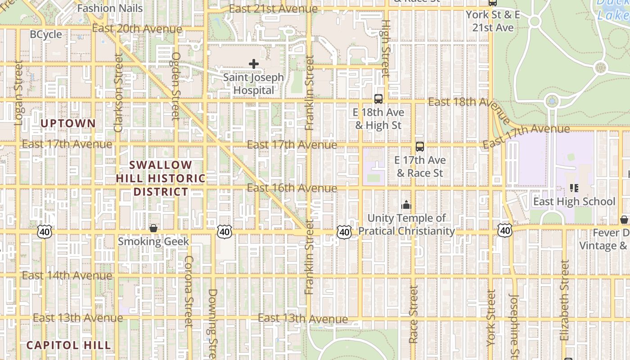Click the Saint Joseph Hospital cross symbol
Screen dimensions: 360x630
(x=254, y=64)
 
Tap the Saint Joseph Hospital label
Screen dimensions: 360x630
(x=254, y=84)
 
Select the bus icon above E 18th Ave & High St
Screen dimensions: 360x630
(x=378, y=99)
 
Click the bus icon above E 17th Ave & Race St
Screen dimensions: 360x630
(x=420, y=147)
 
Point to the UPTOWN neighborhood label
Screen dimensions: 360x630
(x=68, y=123)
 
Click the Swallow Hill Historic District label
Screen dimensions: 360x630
(x=161, y=178)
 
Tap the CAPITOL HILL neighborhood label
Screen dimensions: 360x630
(x=68, y=345)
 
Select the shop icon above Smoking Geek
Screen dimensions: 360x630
(x=153, y=228)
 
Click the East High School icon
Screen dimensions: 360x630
(x=574, y=188)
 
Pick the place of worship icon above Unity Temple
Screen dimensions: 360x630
(x=406, y=205)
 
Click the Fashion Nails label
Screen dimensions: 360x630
(x=110, y=8)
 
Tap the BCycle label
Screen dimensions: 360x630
(x=46, y=35)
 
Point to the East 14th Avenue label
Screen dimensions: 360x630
(x=67, y=275)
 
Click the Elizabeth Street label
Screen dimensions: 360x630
(x=565, y=300)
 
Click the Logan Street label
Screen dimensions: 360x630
(x=18, y=93)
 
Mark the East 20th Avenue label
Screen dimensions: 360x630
(x=137, y=29)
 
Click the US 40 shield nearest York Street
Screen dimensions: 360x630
(x=505, y=231)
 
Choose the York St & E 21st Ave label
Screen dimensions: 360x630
(x=493, y=21)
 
